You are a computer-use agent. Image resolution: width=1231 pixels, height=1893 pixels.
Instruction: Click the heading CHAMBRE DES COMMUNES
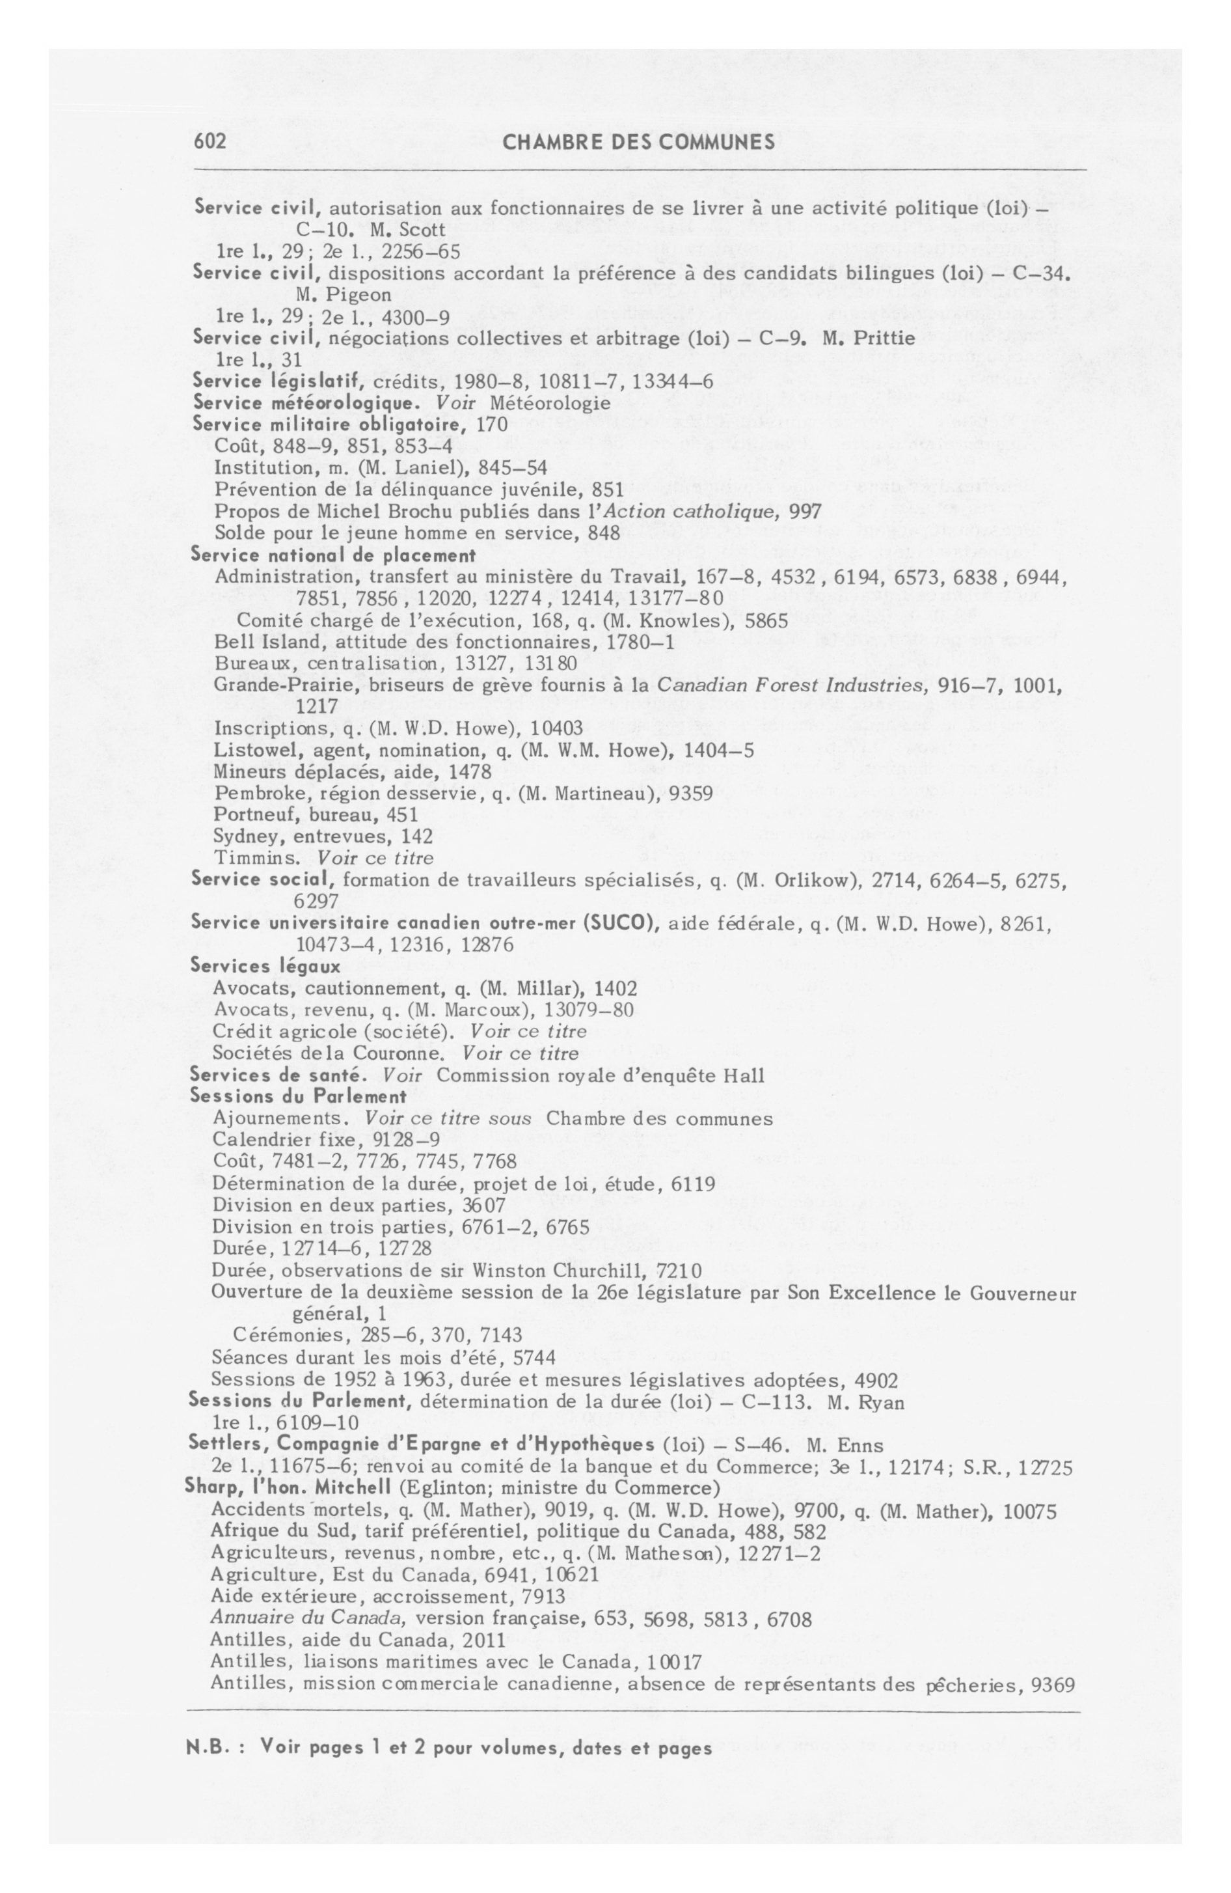click(x=638, y=143)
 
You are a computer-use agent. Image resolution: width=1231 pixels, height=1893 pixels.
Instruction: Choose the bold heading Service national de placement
click(x=333, y=555)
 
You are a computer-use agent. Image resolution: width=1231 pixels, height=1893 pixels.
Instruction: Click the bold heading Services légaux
click(x=265, y=967)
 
